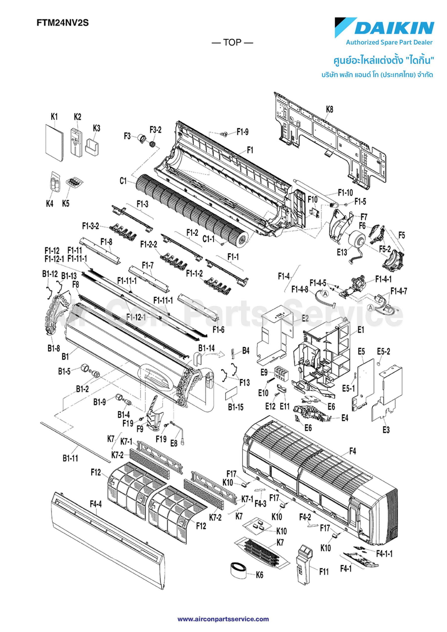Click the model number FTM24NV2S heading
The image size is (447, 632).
[x=62, y=23]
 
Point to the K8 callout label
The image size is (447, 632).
[x=329, y=109]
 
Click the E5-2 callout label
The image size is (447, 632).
[x=383, y=352]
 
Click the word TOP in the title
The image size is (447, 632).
[x=232, y=42]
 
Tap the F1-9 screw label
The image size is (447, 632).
[x=242, y=132]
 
